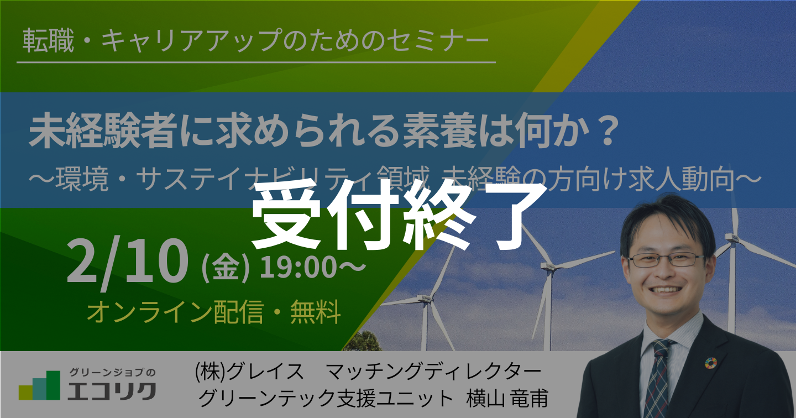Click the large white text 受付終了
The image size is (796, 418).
[399, 215]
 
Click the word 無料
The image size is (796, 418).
[316, 312]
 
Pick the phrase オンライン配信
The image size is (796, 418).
[176, 312]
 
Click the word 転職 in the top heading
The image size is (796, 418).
[48, 40]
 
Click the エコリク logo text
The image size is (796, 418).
[112, 391]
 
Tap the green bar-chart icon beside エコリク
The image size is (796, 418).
[39, 385]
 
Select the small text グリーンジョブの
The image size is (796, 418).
[112, 372]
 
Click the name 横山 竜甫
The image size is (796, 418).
[507, 398]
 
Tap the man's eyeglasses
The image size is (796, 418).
[666, 260]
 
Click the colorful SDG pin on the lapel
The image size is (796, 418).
[711, 363]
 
